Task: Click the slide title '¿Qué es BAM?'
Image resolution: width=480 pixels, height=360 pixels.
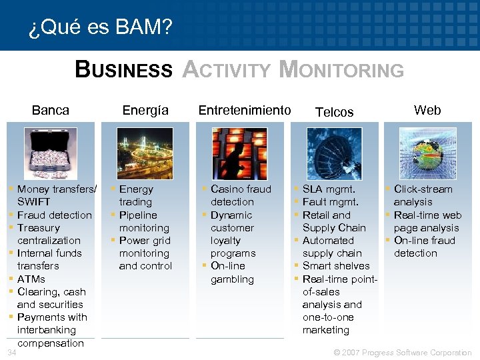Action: point(101,28)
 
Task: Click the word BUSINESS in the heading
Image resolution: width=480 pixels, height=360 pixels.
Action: point(123,69)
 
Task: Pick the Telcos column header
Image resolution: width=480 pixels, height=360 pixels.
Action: point(334,112)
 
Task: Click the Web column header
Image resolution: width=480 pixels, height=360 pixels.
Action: point(427,110)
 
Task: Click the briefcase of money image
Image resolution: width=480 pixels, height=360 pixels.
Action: point(51,153)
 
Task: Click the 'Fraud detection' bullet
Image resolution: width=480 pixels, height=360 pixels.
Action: point(55,215)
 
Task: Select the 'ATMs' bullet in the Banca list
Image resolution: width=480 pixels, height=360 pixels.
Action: point(31,279)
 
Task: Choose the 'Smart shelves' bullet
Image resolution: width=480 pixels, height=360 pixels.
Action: point(336,266)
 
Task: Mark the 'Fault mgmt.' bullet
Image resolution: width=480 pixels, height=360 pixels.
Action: point(331,202)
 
